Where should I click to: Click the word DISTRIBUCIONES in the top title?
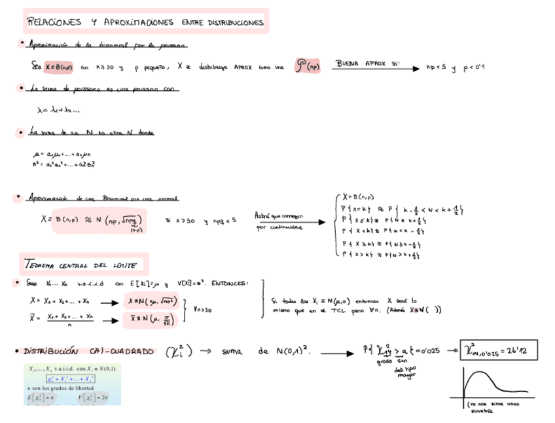pos(236,22)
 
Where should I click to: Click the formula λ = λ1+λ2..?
pos(58,110)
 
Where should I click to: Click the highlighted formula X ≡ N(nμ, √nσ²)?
pos(151,302)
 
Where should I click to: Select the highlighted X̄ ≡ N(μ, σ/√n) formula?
pos(149,319)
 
